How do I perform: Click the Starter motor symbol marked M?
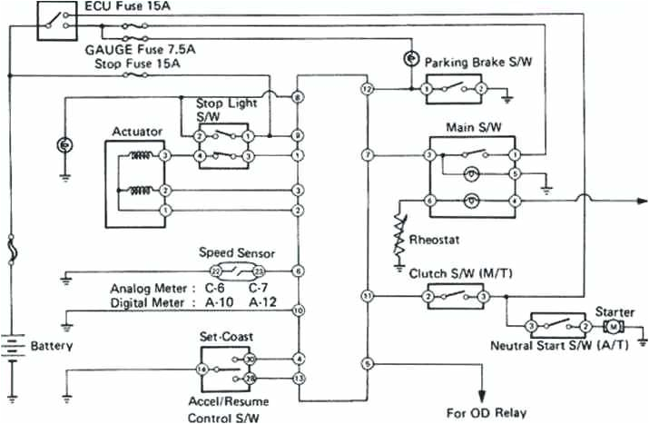pos(614,326)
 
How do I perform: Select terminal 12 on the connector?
pos(368,90)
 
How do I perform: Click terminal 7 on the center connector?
pos(368,156)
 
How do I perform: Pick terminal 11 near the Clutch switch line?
pos(368,296)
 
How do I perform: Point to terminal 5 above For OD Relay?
pos(368,363)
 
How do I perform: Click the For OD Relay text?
pos(487,412)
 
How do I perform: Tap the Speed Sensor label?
pos(237,253)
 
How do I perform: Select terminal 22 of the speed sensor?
pos(216,271)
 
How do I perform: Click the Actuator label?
pos(137,132)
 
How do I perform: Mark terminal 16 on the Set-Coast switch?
pos(202,369)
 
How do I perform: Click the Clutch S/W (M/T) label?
pos(454,271)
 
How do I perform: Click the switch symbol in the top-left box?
pos(55,21)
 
